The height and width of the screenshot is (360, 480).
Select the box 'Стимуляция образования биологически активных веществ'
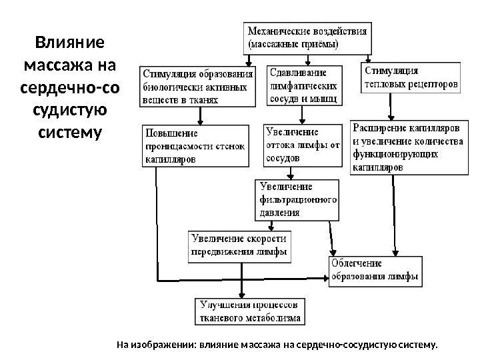pos(198,86)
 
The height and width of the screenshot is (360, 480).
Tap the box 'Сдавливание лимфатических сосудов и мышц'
pos(305,85)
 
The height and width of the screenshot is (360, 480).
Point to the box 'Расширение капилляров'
pos(406,147)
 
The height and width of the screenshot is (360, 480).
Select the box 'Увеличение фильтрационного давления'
pos(297,199)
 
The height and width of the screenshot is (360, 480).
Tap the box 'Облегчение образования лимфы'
pos(375,270)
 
